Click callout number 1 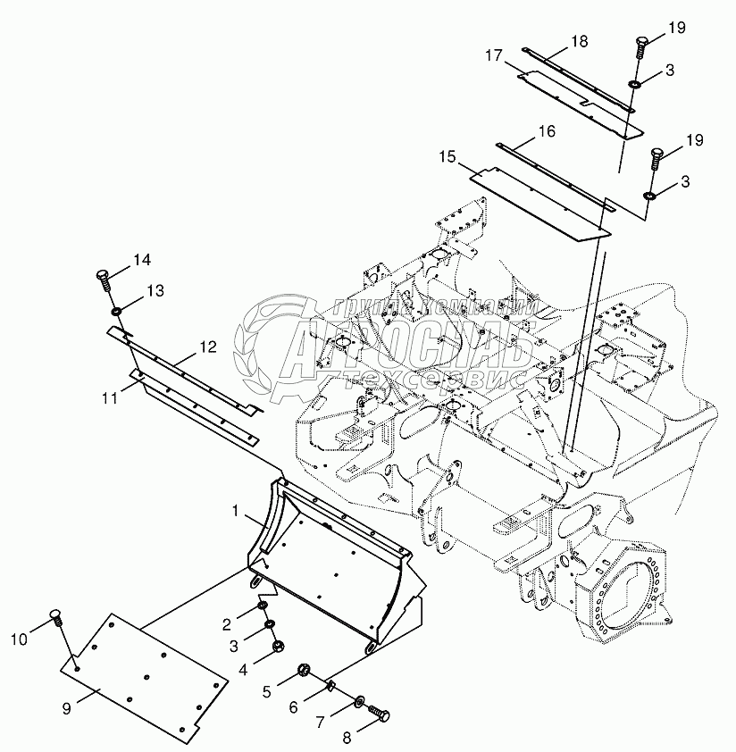[x=236, y=510]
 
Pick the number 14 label [x=143, y=261]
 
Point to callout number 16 [x=547, y=131]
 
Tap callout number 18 [x=579, y=41]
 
